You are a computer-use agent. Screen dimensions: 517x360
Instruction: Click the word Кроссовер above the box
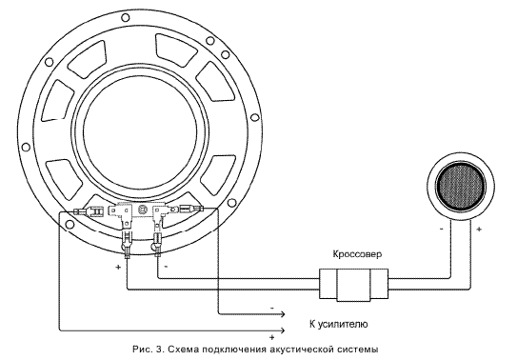coord(358,254)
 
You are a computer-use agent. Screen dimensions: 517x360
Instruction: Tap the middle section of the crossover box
coord(353,284)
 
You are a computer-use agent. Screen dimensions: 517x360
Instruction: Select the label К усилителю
coord(339,324)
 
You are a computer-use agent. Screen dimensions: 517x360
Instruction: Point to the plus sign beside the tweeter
coord(479,229)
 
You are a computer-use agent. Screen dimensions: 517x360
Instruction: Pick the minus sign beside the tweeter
coord(442,229)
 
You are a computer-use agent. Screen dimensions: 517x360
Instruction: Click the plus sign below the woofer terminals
coord(118,267)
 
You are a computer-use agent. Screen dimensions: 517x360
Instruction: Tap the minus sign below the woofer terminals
coord(166,266)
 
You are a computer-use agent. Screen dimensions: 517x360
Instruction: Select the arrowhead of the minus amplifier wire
coord(282,314)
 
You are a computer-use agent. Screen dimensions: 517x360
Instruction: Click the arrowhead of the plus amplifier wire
coord(282,330)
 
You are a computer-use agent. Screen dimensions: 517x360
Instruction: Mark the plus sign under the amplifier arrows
coord(272,337)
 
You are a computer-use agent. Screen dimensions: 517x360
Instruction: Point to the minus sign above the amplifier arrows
coord(272,308)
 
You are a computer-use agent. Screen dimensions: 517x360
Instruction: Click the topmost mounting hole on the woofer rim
coord(125,17)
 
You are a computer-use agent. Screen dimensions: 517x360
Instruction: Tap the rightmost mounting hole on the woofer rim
coord(254,118)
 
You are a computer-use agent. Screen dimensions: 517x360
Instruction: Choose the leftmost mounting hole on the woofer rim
coord(25,147)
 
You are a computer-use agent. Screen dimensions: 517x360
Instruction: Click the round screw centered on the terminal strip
coord(143,210)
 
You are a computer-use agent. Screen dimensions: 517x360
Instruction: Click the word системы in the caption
coord(357,350)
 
